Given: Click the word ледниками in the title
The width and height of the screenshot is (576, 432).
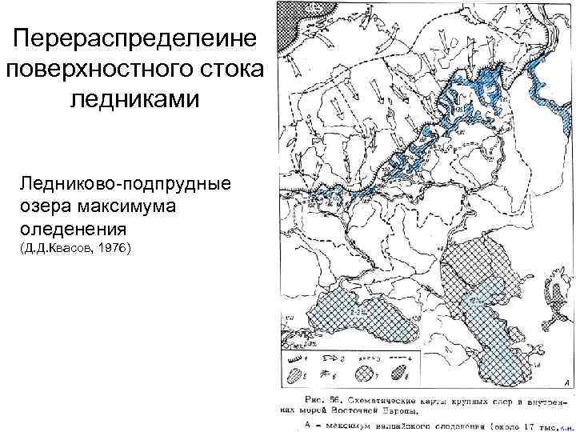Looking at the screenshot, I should pos(134,99).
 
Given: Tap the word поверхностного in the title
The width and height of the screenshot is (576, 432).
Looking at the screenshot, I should pos(134,69).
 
